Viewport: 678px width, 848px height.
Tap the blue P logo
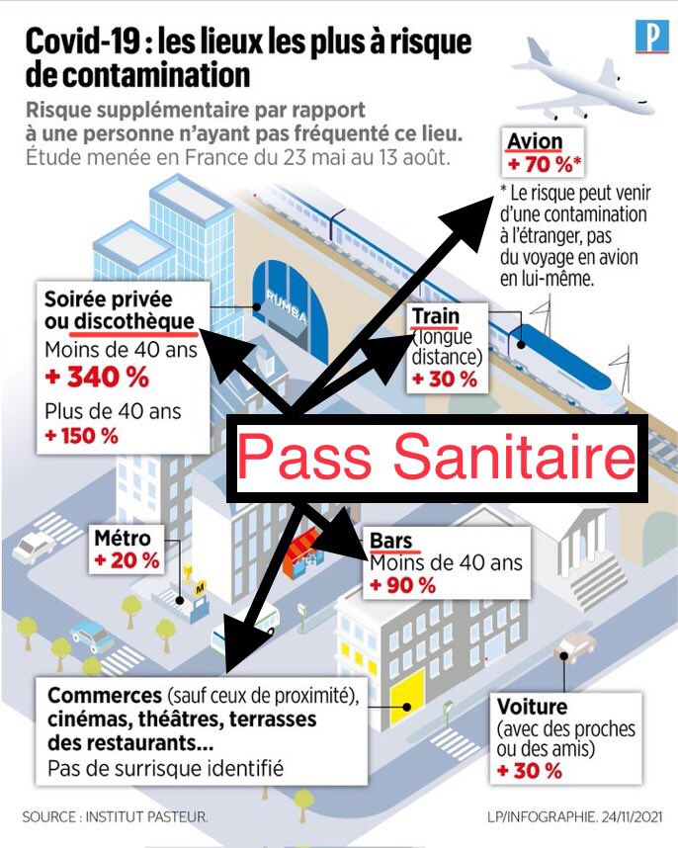[x=651, y=39]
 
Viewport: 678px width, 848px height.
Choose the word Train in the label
[x=436, y=317]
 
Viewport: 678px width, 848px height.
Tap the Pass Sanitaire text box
[x=436, y=458]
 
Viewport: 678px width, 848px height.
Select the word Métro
[x=123, y=539]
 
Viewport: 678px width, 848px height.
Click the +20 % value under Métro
[x=127, y=560]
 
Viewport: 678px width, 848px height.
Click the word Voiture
[x=533, y=707]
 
